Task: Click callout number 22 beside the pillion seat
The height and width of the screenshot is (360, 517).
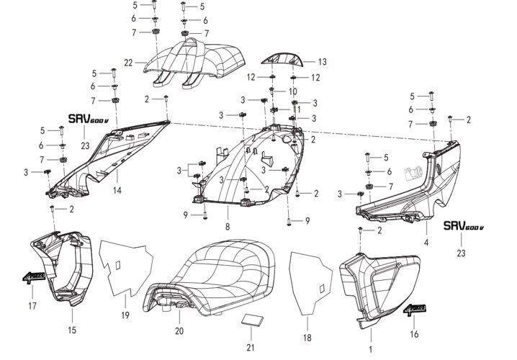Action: (x=128, y=63)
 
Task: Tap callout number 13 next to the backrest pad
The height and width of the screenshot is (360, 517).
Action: (x=322, y=62)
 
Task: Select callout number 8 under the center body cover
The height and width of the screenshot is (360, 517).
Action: (x=228, y=226)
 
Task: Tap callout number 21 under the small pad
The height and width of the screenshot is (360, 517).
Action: (x=250, y=348)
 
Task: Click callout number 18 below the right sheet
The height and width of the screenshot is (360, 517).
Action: (x=307, y=337)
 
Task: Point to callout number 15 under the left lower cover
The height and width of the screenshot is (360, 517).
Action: (x=72, y=330)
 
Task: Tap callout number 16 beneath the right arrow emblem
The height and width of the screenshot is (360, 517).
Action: (x=414, y=335)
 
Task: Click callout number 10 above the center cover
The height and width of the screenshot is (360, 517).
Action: (x=292, y=92)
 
